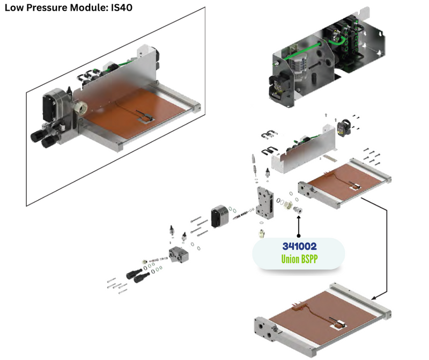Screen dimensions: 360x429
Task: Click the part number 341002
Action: (x=299, y=246)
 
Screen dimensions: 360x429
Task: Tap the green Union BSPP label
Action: (x=299, y=259)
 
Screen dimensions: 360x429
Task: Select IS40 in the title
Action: (x=121, y=8)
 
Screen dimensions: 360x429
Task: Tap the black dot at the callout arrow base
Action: (x=299, y=235)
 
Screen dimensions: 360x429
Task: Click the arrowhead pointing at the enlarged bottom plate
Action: (x=375, y=296)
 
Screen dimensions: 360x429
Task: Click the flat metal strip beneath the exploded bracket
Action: (x=328, y=159)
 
